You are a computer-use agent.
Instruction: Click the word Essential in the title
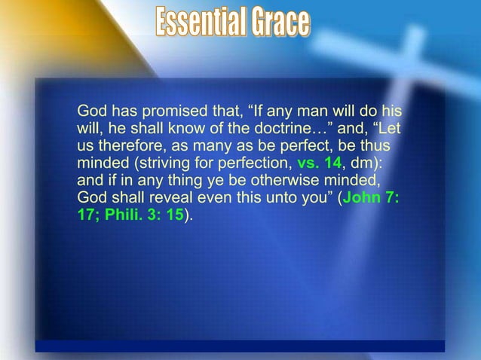point(200,23)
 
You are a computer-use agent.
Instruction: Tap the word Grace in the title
point(279,23)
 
